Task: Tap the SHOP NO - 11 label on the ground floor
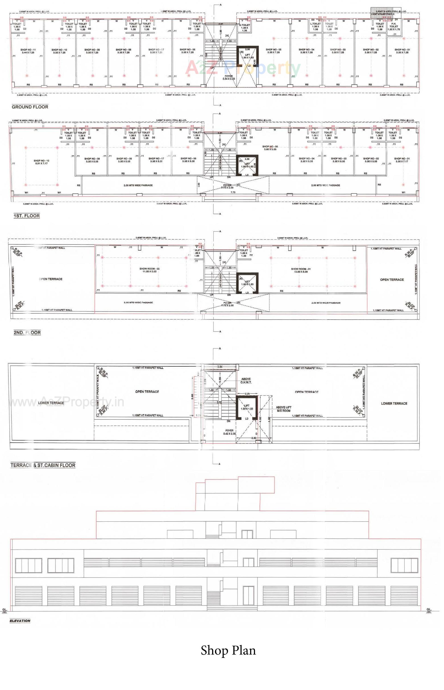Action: pos(28,51)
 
